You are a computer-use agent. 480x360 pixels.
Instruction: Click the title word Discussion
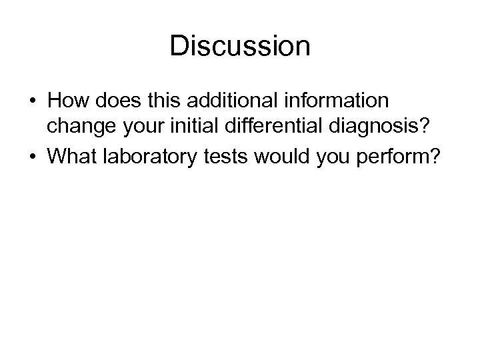pos(240,47)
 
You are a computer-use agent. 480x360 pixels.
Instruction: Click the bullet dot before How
pos(33,101)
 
